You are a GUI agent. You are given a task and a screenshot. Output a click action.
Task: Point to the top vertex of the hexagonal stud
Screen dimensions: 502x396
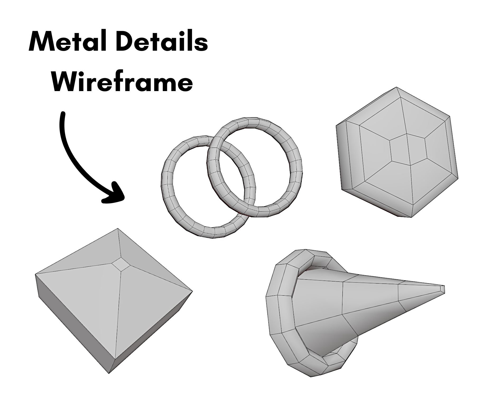396,87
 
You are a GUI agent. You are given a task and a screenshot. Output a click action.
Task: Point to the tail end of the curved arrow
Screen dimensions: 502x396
63,114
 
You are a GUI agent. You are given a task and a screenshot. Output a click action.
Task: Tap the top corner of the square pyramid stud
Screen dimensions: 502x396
117,229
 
